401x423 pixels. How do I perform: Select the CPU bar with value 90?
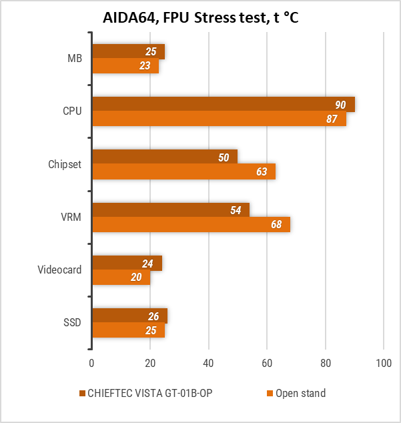[223, 105]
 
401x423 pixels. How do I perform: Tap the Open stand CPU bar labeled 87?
[219, 119]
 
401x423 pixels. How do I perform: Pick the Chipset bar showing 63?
[183, 171]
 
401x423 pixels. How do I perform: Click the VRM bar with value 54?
[170, 210]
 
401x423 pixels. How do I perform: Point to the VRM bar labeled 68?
[191, 224]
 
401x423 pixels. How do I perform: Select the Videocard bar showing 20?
[121, 277]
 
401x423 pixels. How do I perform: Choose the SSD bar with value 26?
[129, 316]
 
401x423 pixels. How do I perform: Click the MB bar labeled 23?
[125, 66]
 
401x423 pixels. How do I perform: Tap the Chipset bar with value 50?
[165, 157]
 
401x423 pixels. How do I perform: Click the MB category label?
[75, 59]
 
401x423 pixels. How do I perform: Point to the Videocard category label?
[59, 270]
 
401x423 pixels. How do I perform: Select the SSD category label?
[72, 322]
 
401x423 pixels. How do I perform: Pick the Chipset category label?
[65, 164]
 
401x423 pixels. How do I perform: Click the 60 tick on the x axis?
[267, 364]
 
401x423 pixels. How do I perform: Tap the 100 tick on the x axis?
[384, 364]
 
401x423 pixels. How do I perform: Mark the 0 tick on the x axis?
[92, 364]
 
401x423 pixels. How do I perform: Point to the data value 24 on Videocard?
[147, 264]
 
